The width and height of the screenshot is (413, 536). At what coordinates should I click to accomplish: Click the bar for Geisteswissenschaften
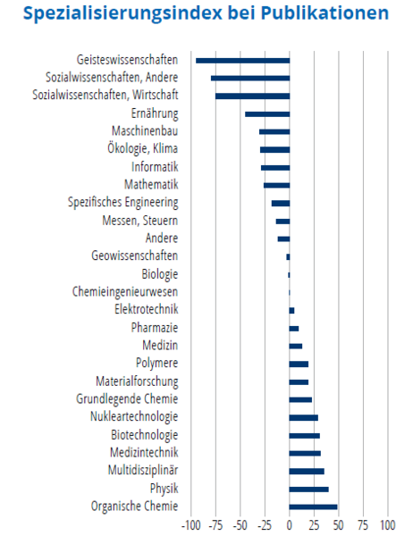coord(242,61)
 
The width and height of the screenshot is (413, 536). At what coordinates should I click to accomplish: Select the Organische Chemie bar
coord(313,507)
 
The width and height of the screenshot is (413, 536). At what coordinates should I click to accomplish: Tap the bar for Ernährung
coord(267,114)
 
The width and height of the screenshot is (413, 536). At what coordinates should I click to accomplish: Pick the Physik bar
coord(309,490)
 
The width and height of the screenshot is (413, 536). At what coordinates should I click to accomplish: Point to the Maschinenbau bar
coord(274,132)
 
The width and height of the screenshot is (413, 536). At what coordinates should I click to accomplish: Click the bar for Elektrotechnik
coord(292,310)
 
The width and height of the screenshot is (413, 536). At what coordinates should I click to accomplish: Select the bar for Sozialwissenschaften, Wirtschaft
coord(252,96)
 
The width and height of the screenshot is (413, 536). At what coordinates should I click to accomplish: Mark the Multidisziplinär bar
coord(307,472)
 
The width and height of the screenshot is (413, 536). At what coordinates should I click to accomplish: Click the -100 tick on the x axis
coord(191,525)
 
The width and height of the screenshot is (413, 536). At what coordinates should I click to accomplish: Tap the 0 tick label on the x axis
coord(290,525)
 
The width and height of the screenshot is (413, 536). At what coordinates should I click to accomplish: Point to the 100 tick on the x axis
coord(388,525)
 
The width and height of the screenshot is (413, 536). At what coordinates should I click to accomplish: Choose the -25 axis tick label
coord(265,525)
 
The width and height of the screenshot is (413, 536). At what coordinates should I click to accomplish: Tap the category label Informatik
coord(155,167)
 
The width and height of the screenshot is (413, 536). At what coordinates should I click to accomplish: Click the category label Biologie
coord(160,274)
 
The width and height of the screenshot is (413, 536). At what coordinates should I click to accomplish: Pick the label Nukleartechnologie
coord(134,416)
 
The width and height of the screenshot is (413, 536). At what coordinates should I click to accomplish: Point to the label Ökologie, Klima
coord(143,149)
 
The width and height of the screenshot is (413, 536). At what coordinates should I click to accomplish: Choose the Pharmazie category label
coord(155,328)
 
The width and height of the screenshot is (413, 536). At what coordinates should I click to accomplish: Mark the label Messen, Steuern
coord(140,221)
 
